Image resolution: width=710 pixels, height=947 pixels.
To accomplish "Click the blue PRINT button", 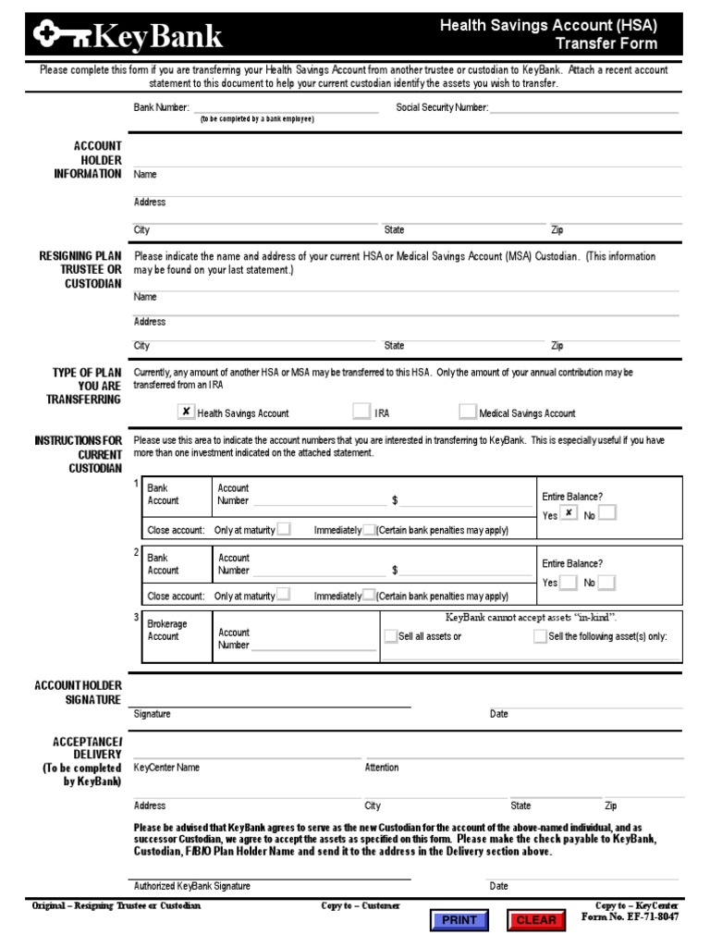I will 459,920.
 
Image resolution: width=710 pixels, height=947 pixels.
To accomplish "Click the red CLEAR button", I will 535,920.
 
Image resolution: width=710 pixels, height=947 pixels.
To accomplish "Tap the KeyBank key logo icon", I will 64,36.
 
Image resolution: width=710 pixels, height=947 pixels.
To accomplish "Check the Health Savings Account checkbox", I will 186,412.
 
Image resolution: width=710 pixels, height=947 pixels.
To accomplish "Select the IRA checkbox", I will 361,412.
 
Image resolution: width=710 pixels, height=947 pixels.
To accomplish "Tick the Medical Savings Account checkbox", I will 468,412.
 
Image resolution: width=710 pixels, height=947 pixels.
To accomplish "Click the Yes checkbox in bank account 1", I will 569,514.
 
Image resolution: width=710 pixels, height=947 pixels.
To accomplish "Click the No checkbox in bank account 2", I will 606,583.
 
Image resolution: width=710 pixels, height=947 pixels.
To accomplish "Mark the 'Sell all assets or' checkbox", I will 390,636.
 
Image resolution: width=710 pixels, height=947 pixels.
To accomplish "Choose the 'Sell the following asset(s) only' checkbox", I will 540,636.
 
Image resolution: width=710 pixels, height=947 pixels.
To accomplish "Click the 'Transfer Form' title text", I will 606,43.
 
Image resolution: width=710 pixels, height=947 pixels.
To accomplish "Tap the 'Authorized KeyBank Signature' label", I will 192,886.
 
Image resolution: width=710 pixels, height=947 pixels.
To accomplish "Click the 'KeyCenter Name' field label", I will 166,768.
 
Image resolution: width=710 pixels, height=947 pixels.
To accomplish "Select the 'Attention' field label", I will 382,768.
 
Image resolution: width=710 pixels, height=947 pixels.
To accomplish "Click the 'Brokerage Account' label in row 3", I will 167,631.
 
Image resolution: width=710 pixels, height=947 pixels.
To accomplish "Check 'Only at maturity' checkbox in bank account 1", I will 285,529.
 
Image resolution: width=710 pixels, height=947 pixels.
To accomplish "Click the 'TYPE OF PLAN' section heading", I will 87,372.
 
